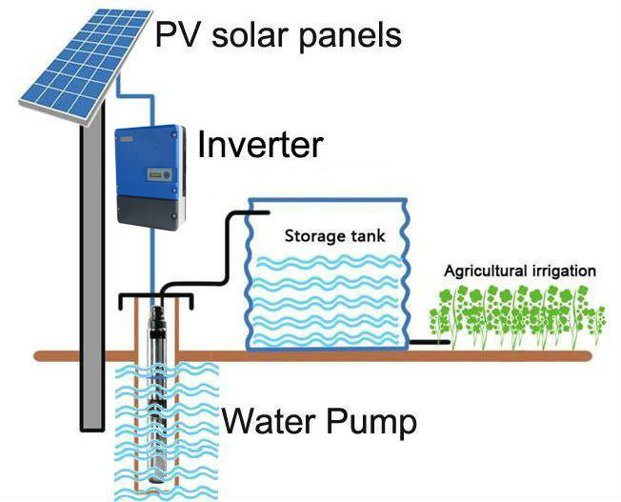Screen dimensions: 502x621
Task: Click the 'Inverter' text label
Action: point(260,145)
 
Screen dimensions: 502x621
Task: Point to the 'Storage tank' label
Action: point(334,235)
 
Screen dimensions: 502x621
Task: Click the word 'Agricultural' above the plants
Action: point(487,271)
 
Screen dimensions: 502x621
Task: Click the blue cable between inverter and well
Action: point(150,257)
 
